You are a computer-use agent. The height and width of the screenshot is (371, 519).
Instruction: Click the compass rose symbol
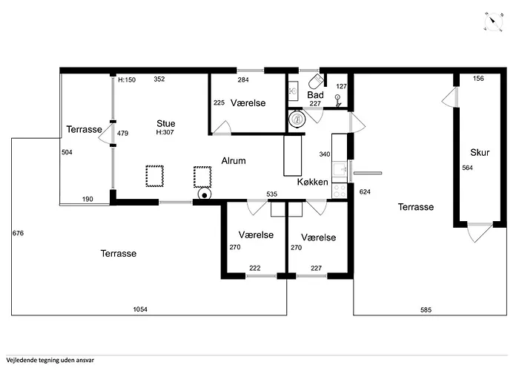click(494, 22)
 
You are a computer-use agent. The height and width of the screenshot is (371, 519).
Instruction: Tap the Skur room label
click(480, 152)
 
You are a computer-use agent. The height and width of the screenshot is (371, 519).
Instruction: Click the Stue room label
click(166, 124)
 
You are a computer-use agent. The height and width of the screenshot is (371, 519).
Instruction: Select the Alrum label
click(234, 161)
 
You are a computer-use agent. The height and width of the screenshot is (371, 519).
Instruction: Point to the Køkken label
click(312, 182)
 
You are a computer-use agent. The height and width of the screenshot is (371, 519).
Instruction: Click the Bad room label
click(315, 95)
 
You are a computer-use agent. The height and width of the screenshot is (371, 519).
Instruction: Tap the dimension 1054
click(140, 309)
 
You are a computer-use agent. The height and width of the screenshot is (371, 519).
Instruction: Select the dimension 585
click(426, 309)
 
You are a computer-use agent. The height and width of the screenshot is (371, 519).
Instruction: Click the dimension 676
click(18, 233)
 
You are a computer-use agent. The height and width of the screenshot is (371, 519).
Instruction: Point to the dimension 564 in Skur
click(467, 168)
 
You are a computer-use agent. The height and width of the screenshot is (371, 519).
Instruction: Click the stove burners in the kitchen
click(340, 191)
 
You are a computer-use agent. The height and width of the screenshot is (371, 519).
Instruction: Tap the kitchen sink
click(340, 170)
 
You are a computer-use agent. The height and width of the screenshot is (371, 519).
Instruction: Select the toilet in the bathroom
click(316, 81)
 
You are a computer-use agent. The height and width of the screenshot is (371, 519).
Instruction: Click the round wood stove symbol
click(205, 194)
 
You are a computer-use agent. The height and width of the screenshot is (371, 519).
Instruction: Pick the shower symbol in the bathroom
click(337, 101)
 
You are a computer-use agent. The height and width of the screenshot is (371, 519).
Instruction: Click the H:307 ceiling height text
click(165, 132)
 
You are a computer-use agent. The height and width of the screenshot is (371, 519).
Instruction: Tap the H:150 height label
click(127, 80)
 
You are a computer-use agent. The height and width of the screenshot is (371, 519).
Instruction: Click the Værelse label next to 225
click(248, 103)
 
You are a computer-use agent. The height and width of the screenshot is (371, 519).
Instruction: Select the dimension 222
click(255, 268)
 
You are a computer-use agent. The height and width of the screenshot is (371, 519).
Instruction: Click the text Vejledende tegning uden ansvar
click(50, 360)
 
